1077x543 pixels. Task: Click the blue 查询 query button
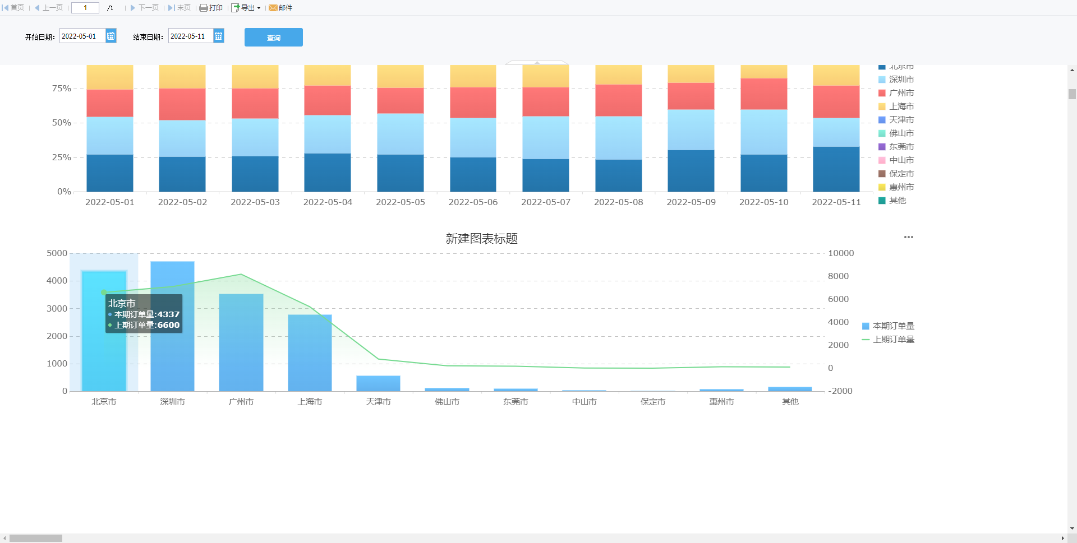coord(273,38)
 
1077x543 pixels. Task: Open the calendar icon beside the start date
coord(111,36)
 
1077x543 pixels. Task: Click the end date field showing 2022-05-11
coord(190,36)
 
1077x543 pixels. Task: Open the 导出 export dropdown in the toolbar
coord(246,8)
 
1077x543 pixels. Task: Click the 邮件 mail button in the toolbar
coord(280,8)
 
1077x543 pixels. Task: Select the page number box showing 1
coord(85,8)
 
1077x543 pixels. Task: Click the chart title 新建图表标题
coord(481,239)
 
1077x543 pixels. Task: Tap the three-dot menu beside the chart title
coord(908,237)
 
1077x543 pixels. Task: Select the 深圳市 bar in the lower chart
coord(172,325)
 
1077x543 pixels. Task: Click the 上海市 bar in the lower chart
coord(310,353)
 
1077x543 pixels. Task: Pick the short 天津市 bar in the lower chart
coord(378,383)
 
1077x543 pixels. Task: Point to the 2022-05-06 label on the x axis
coord(473,202)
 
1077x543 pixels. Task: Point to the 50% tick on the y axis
coord(62,123)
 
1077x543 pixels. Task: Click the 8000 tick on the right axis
coord(838,276)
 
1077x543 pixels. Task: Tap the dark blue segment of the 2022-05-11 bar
coord(836,169)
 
